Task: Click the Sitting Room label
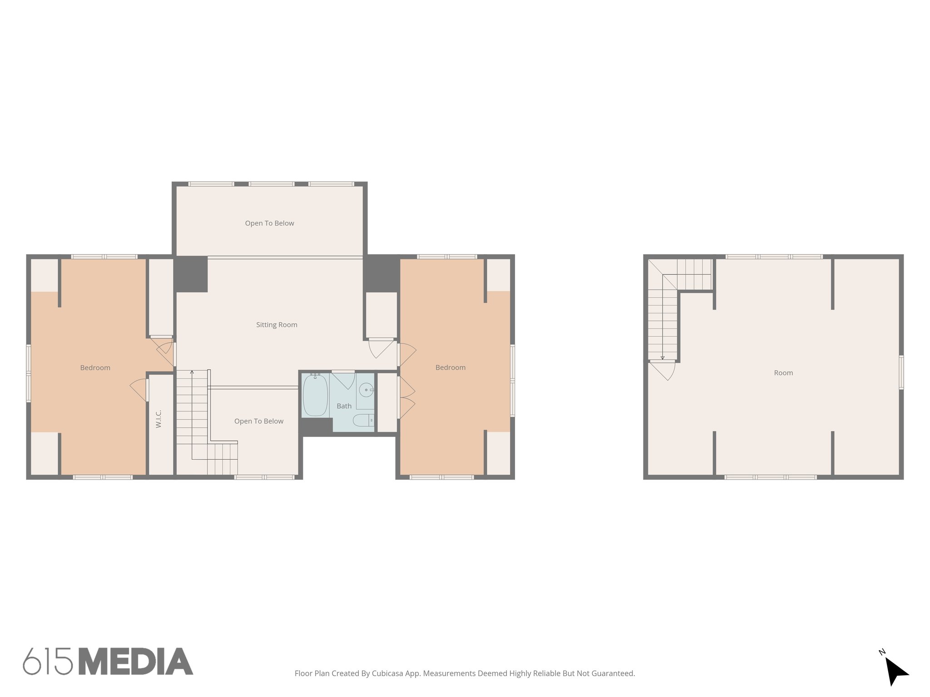(277, 324)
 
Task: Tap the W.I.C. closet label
(158, 419)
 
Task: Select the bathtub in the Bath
(315, 395)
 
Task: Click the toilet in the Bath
(363, 420)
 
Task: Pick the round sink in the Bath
(366, 390)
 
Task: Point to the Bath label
(344, 406)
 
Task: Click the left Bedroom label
(95, 368)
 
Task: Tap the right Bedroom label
(450, 367)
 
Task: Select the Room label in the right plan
(783, 373)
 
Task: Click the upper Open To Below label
(269, 223)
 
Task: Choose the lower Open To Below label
(259, 421)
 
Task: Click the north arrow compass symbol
(895, 671)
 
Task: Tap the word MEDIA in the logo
(136, 662)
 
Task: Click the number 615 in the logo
(48, 662)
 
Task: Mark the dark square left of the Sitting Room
(191, 274)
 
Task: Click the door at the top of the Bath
(343, 379)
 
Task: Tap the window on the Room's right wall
(901, 373)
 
